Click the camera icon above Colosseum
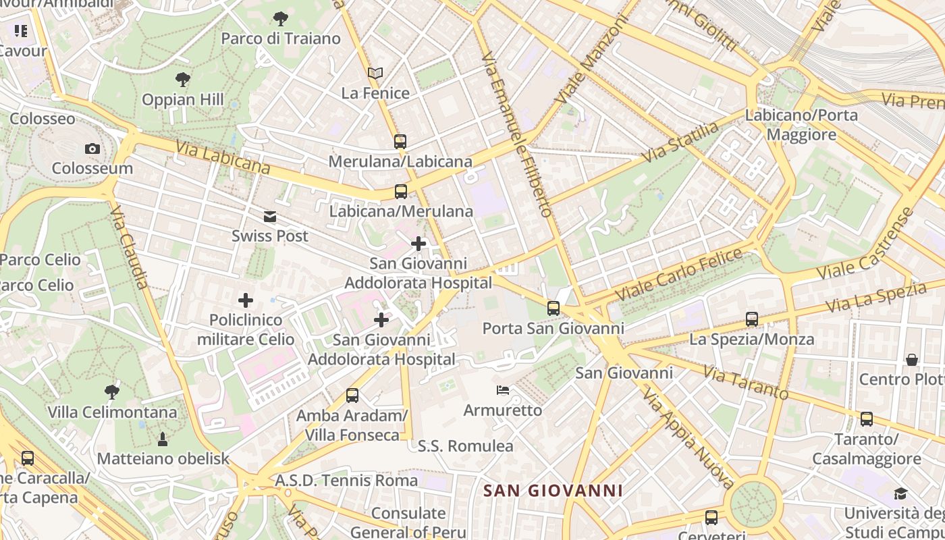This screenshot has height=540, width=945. pyautogui.click(x=92, y=148)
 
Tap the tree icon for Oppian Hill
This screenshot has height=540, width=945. pyautogui.click(x=182, y=80)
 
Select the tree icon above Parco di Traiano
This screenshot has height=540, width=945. pyautogui.click(x=281, y=19)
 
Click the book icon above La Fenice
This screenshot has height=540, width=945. pyautogui.click(x=375, y=73)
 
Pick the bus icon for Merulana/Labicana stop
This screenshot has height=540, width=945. pyautogui.click(x=400, y=141)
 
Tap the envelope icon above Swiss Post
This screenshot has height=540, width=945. pyautogui.click(x=270, y=216)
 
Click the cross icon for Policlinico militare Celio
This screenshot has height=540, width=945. pyautogui.click(x=246, y=300)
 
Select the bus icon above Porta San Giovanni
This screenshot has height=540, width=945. pyautogui.click(x=553, y=308)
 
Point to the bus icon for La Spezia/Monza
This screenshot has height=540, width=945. pyautogui.click(x=752, y=319)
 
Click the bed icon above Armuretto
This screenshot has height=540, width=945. pyautogui.click(x=503, y=390)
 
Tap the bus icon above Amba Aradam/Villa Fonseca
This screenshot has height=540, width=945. pyautogui.click(x=352, y=396)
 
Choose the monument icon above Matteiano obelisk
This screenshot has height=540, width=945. pyautogui.click(x=163, y=439)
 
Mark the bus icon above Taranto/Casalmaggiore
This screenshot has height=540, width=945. pyautogui.click(x=867, y=419)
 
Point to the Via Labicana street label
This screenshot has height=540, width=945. pyautogui.click(x=223, y=157)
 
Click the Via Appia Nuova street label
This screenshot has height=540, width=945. pyautogui.click(x=688, y=437)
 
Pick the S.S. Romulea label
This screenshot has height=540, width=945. pyautogui.click(x=465, y=446)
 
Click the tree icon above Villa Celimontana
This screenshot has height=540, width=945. pyautogui.click(x=112, y=391)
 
